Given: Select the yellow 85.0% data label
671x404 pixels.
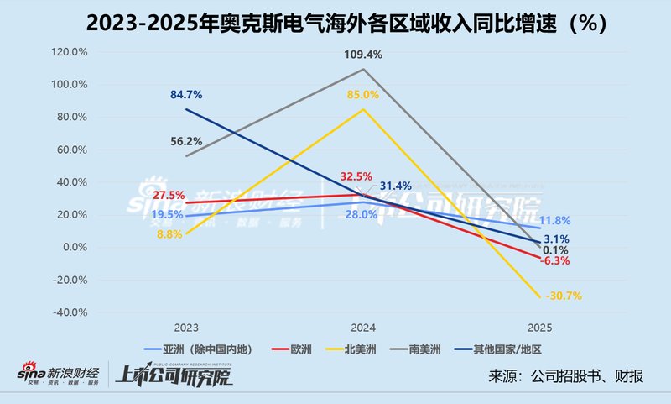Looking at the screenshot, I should tap(362, 96).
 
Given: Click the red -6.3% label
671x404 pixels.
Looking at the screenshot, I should tap(554, 261).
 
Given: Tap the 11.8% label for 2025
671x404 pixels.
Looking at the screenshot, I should tap(554, 221).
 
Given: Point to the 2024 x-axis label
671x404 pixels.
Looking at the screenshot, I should tap(362, 328).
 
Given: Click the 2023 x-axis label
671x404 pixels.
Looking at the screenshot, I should tap(186, 328).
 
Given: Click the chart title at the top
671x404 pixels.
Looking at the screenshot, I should tap(335, 23).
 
